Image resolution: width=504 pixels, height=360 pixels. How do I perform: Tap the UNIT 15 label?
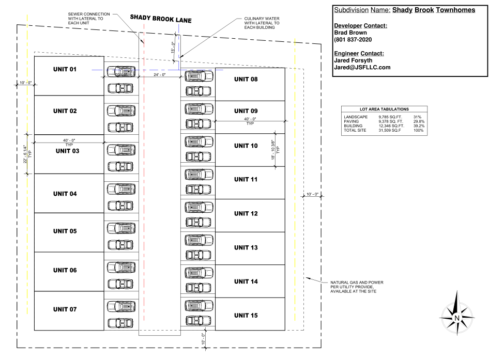(246, 315)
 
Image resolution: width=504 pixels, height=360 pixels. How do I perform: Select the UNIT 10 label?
(246, 146)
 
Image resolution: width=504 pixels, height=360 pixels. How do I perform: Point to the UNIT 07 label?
(65, 309)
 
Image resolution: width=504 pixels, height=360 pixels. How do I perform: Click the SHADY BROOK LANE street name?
(160, 19)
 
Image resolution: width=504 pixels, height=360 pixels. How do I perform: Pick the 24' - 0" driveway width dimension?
(159, 75)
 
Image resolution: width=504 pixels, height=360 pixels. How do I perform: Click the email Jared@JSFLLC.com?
(362, 67)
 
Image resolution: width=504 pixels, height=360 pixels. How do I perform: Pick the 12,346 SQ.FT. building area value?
(391, 126)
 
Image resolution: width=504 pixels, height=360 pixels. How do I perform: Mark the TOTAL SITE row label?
(354, 130)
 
